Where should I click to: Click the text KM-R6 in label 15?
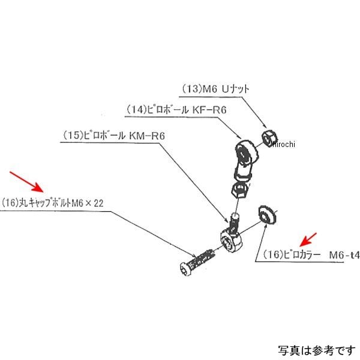coord(146,136)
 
